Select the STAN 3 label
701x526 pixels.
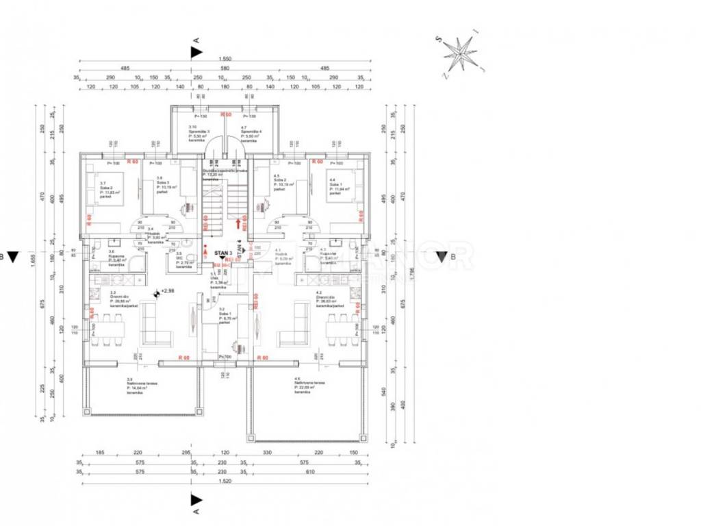coord(220,253)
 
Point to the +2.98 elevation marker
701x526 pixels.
coord(168,292)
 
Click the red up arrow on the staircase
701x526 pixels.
coord(238,223)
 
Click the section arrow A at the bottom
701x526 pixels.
coord(196,500)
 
